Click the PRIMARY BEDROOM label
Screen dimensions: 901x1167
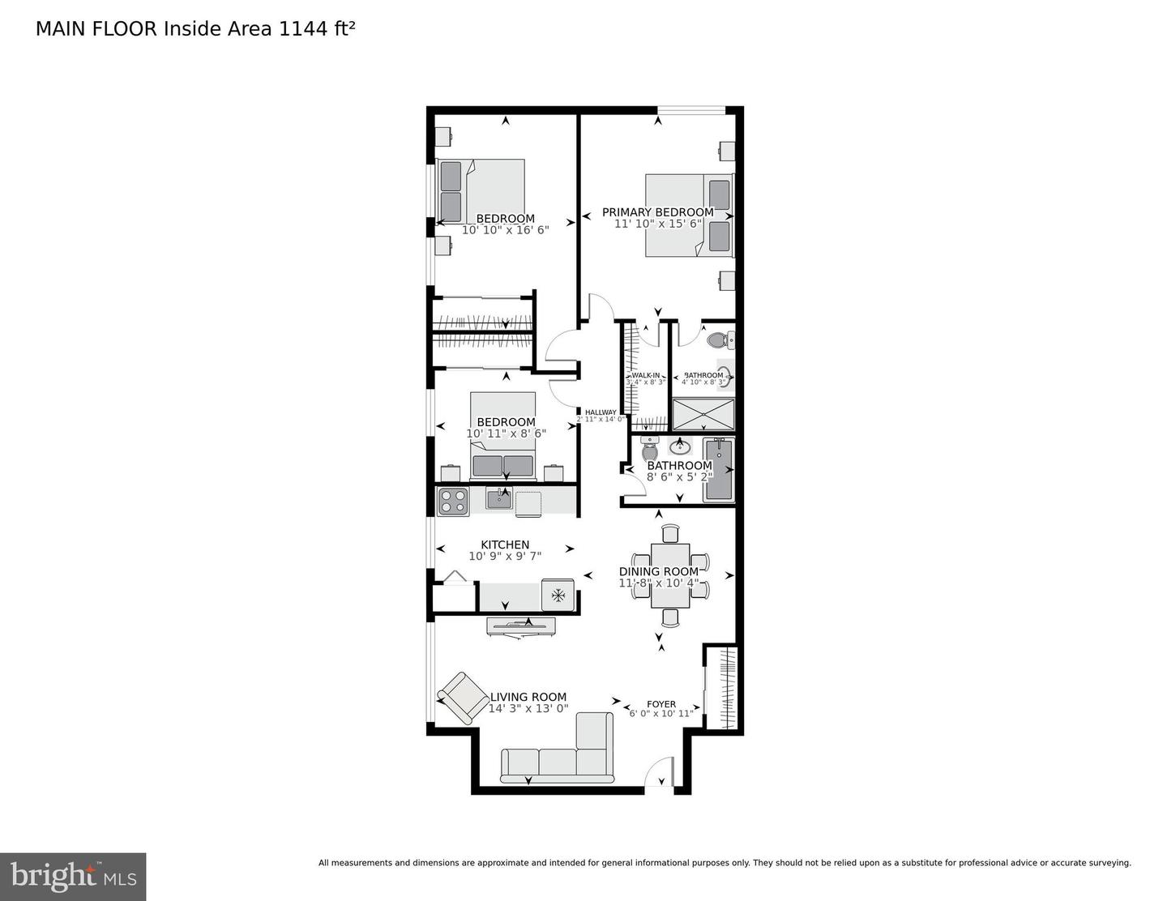(x=657, y=212)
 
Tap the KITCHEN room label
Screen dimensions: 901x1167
(x=505, y=544)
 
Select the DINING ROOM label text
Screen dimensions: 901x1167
(x=658, y=571)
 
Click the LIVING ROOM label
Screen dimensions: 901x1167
(x=528, y=697)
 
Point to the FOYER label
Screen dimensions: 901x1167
(x=660, y=704)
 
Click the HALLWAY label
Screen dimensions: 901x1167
(x=601, y=412)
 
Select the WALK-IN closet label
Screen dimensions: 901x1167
(x=645, y=375)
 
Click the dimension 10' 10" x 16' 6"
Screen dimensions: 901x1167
(x=505, y=230)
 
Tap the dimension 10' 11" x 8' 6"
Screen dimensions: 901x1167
(x=506, y=433)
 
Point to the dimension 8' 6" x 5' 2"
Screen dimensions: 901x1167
(x=679, y=476)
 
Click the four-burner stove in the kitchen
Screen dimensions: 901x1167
(x=453, y=502)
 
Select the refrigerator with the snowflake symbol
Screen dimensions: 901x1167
(x=558, y=596)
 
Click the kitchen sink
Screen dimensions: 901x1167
(x=498, y=498)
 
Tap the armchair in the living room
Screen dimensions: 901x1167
(x=463, y=697)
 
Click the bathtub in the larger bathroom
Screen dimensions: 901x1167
(x=718, y=470)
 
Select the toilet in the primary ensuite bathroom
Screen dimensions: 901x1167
(x=719, y=340)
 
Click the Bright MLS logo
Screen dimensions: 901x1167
(x=73, y=877)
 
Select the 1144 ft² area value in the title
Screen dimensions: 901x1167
(x=317, y=29)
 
